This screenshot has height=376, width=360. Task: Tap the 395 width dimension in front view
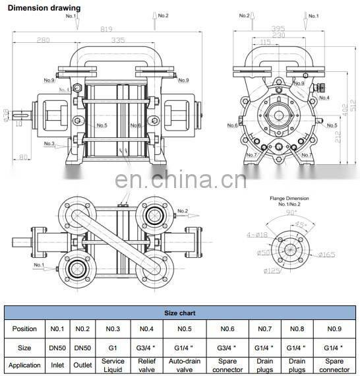278,29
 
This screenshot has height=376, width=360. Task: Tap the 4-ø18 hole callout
258,234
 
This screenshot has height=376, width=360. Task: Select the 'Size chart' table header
179,313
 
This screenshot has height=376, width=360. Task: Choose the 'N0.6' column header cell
226,329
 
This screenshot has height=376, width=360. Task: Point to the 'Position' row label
24,329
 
